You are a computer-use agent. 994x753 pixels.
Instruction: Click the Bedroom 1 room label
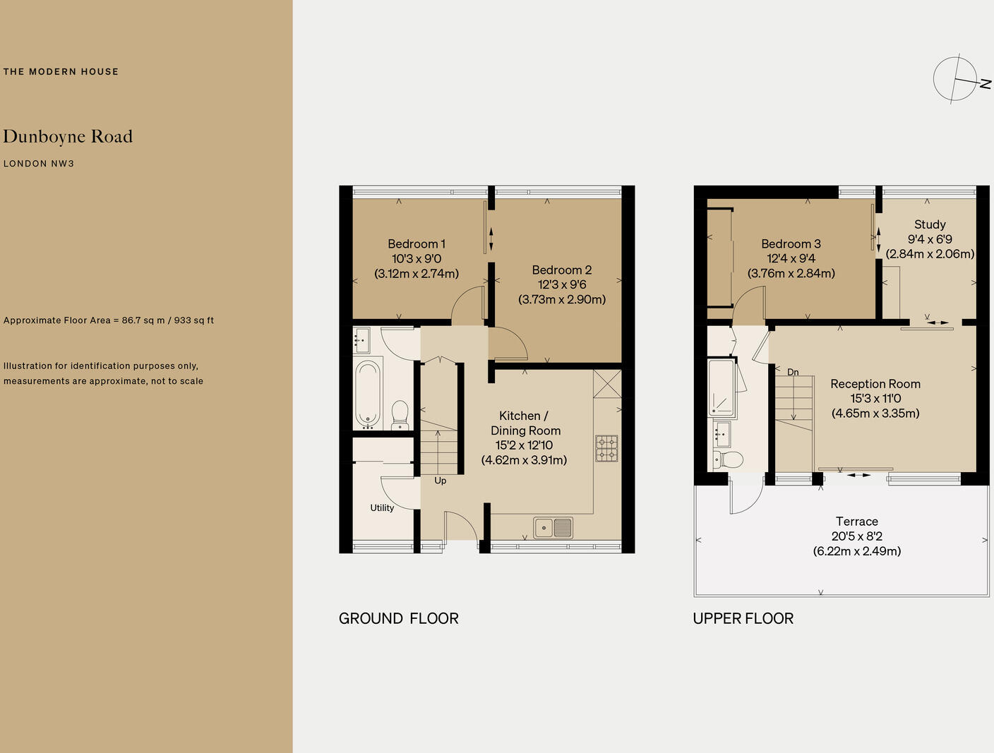417,244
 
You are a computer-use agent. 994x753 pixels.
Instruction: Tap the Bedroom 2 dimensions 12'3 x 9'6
562,284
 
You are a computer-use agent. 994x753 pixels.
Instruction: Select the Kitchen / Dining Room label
525,423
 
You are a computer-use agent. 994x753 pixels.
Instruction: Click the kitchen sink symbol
553,528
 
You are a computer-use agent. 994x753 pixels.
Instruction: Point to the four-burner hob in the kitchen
606,448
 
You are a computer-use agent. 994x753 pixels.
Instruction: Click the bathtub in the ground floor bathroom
367,394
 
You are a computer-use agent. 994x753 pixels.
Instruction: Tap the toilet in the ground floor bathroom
400,414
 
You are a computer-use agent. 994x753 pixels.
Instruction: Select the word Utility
382,507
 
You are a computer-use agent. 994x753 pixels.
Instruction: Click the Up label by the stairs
441,481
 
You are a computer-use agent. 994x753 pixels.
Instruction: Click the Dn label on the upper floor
793,372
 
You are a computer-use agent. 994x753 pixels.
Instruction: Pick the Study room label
930,224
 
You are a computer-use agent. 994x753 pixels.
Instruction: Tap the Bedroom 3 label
791,244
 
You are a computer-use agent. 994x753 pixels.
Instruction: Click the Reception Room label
875,384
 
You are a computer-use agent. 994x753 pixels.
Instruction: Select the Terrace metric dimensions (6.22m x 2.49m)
856,551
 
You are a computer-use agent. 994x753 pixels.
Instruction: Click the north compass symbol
957,79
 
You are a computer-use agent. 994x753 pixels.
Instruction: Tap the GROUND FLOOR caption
399,619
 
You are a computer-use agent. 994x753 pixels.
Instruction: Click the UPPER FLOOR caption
743,619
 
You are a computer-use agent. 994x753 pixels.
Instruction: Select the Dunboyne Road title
68,137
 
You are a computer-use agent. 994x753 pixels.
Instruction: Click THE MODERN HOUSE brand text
61,71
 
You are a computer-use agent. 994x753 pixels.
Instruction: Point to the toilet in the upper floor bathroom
729,460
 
